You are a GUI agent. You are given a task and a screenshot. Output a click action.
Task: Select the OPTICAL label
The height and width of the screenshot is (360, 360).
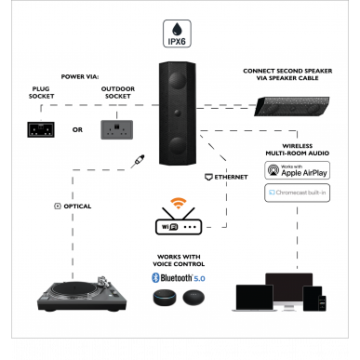[73, 205]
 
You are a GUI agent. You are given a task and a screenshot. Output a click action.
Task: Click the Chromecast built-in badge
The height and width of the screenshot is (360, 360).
[299, 193]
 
